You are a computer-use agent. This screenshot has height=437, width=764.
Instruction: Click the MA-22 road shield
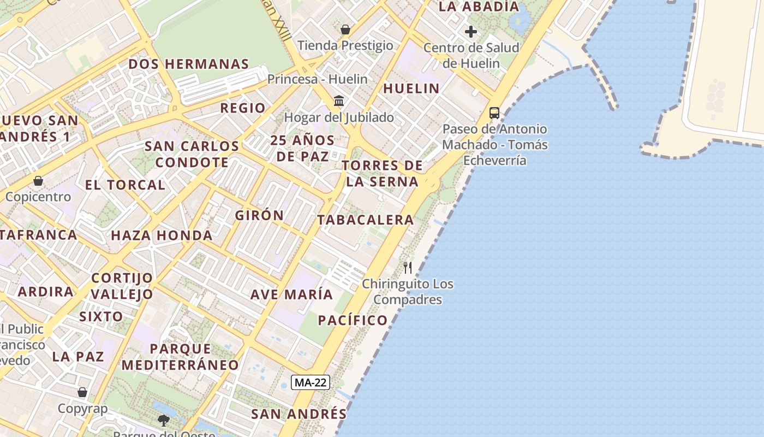[x=310, y=382]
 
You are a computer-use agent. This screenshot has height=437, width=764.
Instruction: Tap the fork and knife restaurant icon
[x=408, y=267]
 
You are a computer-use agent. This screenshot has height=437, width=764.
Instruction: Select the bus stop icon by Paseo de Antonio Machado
[x=494, y=113]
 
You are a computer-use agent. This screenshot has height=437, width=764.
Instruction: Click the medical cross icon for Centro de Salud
[x=471, y=32]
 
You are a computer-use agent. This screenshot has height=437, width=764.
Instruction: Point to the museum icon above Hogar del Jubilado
[x=339, y=101]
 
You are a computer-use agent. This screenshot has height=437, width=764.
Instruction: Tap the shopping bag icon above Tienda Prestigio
[x=345, y=29]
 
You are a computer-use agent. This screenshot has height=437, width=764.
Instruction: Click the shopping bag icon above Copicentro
[x=38, y=180]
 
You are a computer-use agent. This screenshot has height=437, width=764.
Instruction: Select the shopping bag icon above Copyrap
[x=82, y=392]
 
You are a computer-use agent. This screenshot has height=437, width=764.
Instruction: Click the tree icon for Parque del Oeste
[x=163, y=420]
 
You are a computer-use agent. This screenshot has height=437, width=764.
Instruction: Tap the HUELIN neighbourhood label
[x=411, y=88]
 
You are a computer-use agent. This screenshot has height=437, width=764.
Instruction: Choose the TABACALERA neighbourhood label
[x=366, y=220]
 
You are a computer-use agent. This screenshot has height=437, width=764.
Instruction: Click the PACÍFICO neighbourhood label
[x=353, y=320]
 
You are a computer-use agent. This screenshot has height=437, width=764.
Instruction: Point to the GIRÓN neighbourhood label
[x=260, y=215]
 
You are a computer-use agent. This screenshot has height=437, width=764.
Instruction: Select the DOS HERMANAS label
[x=189, y=64]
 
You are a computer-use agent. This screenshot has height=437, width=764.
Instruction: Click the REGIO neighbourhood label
[x=243, y=108]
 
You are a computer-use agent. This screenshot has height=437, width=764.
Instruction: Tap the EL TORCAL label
[x=125, y=185]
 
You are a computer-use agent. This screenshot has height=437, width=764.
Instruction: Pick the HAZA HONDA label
[x=162, y=236]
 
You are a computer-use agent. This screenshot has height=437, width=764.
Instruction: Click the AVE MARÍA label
[x=291, y=294]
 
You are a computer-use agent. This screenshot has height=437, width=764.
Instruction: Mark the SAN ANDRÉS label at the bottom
[x=299, y=414]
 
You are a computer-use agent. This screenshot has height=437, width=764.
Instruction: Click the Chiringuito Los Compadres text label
[x=408, y=292]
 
